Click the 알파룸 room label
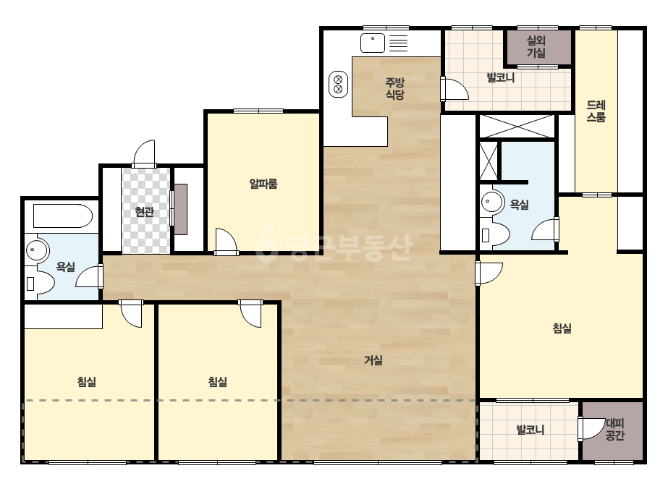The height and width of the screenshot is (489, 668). (263, 184)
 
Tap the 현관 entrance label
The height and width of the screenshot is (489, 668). (144, 211)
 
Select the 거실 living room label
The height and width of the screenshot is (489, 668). (373, 360)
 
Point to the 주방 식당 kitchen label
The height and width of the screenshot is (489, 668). (394, 88)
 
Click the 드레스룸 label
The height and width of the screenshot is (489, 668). (596, 111)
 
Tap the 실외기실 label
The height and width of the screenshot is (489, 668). (536, 46)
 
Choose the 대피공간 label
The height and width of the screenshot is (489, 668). (614, 430)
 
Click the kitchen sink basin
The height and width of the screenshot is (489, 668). (373, 43)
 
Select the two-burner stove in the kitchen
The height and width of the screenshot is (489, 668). (338, 84)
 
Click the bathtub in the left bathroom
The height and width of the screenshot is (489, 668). (63, 216)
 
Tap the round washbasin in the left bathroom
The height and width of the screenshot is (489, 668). (38, 250)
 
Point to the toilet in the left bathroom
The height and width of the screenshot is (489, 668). (40, 284)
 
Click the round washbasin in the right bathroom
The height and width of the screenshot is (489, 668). (492, 202)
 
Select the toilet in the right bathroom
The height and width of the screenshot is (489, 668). (495, 234)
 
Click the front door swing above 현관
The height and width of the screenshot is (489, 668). (144, 153)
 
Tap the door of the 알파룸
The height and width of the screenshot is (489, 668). (226, 242)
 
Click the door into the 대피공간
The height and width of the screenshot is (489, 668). (592, 429)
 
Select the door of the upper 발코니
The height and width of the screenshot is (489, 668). (455, 88)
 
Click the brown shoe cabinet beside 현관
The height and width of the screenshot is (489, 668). (181, 209)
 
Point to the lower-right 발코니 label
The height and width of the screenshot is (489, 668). (530, 430)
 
